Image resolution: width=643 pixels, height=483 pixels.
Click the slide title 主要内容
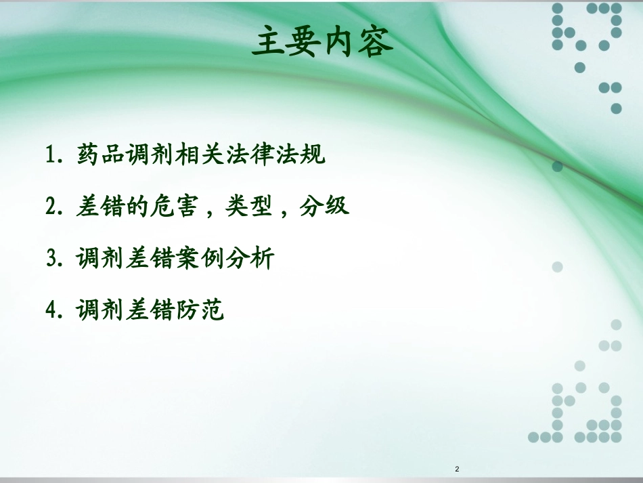[x=321, y=42]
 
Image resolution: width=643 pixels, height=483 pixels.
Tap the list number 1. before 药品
[x=55, y=155]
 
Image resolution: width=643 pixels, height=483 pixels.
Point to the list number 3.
[x=55, y=258]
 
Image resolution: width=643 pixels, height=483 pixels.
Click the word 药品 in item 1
[x=100, y=155]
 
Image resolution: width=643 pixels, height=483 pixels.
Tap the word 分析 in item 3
[x=250, y=258]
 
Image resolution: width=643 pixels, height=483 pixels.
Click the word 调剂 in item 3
[x=100, y=258]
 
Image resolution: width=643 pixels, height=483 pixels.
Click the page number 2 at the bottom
[x=458, y=469]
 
